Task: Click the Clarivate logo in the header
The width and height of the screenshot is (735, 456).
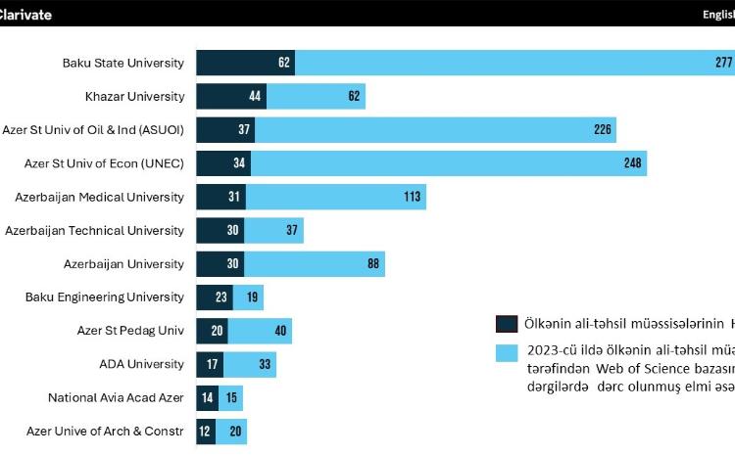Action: [26, 14]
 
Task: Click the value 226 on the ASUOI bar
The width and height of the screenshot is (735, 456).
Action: [604, 130]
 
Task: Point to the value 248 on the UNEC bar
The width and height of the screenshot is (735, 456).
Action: [633, 163]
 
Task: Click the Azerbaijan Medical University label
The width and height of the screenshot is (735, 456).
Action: [99, 197]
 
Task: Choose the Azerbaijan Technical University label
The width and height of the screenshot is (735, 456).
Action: [94, 230]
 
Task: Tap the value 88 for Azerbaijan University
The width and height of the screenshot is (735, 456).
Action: [373, 264]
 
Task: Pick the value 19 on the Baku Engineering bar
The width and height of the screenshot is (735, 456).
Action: [253, 297]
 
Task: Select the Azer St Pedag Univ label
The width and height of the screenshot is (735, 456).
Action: [130, 331]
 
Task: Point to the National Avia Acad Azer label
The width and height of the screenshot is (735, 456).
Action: [116, 397]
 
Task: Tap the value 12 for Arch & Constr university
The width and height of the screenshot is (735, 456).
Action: [204, 431]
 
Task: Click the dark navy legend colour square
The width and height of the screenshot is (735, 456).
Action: [507, 324]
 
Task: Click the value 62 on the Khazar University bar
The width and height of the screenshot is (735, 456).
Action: [354, 96]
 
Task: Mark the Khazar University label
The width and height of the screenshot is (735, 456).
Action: [134, 96]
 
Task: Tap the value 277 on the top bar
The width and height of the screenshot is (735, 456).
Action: [724, 63]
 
